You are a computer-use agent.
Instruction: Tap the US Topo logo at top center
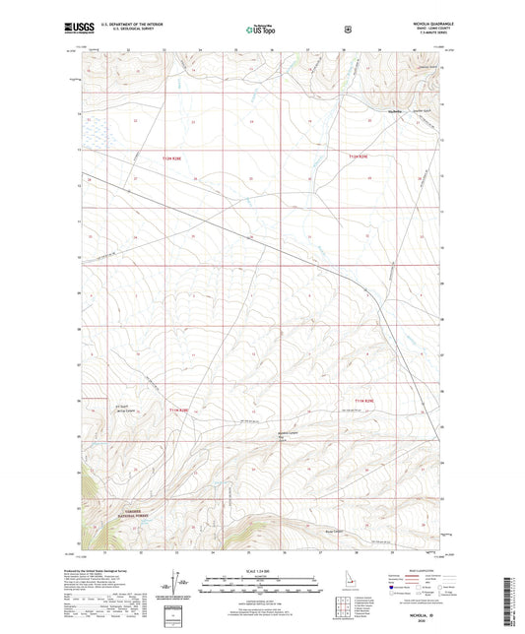click(261, 31)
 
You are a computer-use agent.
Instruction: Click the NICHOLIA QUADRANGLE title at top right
click(412, 27)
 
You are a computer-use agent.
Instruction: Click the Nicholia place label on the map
click(396, 112)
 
